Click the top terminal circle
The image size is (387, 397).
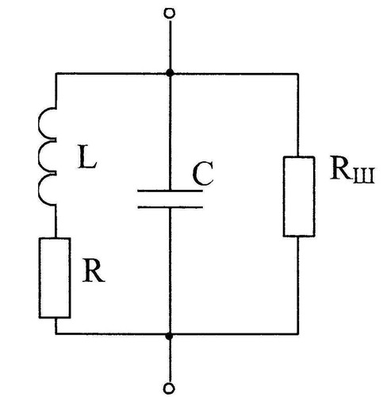pyautogui.click(x=169, y=13)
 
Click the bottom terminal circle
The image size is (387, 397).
pyautogui.click(x=169, y=389)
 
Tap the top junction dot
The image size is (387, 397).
pyautogui.click(x=170, y=72)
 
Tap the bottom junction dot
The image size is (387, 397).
pyautogui.click(x=169, y=337)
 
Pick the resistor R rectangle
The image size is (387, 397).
pyautogui.click(x=55, y=278)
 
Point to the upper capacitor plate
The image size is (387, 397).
pyautogui.click(x=170, y=191)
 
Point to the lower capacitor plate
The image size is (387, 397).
pyautogui.click(x=171, y=207)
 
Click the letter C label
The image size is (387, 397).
pyautogui.click(x=203, y=174)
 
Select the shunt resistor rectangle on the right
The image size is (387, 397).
pyautogui.click(x=299, y=196)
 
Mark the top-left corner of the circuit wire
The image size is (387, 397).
pyautogui.click(x=56, y=73)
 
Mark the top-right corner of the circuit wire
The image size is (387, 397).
pyautogui.click(x=298, y=74)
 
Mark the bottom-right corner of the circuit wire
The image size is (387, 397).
pyautogui.click(x=298, y=334)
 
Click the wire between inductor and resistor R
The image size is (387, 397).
pyautogui.click(x=56, y=222)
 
